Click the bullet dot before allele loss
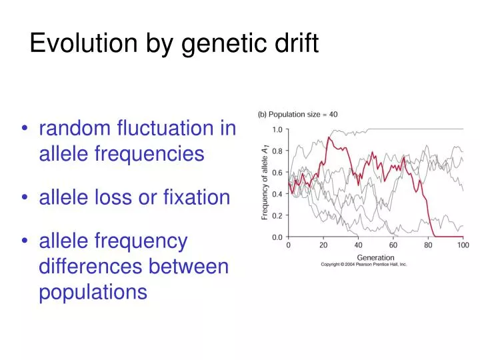pyautogui.click(x=25, y=198)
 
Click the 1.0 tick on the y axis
pyautogui.click(x=275, y=129)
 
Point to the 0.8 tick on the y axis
pyautogui.click(x=275, y=151)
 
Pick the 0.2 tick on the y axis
pyautogui.click(x=275, y=215)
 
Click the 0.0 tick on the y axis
pyautogui.click(x=275, y=237)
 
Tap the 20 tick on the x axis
pyautogui.click(x=323, y=245)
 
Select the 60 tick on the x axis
pyautogui.click(x=393, y=245)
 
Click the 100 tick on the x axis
pyautogui.click(x=463, y=245)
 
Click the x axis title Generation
pyautogui.click(x=375, y=257)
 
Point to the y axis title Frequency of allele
pyautogui.click(x=265, y=183)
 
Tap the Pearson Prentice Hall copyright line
pyautogui.click(x=364, y=265)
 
